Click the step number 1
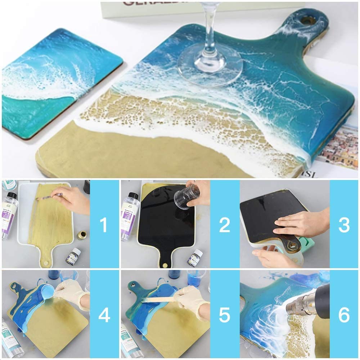(104, 225)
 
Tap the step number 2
(224, 225)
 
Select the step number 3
(344, 225)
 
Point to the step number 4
(104, 315)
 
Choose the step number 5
(224, 315)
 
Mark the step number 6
(344, 315)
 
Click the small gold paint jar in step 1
(81, 235)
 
